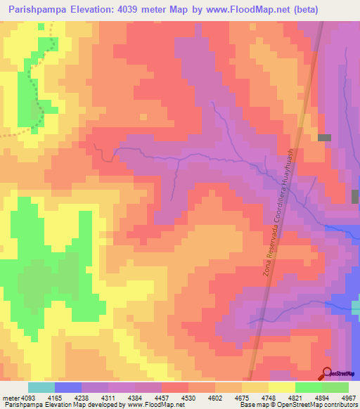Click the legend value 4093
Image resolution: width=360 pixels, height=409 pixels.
[x=29, y=398]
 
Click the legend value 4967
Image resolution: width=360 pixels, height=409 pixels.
[x=348, y=398]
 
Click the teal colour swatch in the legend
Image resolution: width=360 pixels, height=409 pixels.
[x=41, y=387]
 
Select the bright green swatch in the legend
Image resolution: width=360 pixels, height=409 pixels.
[x=309, y=387]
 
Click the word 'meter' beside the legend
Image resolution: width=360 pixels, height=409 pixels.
[x=10, y=398]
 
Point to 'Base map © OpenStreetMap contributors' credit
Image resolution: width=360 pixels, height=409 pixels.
[x=298, y=405]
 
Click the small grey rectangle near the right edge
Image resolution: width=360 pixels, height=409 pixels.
[x=324, y=138]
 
